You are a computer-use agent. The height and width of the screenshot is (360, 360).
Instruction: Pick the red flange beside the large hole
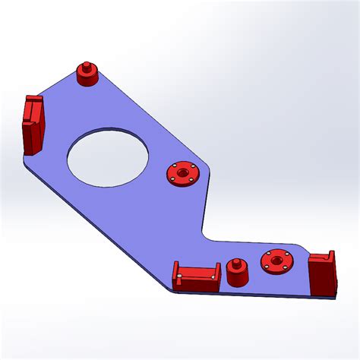[182, 174]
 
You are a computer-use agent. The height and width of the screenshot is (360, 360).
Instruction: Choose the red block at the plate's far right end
[322, 274]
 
